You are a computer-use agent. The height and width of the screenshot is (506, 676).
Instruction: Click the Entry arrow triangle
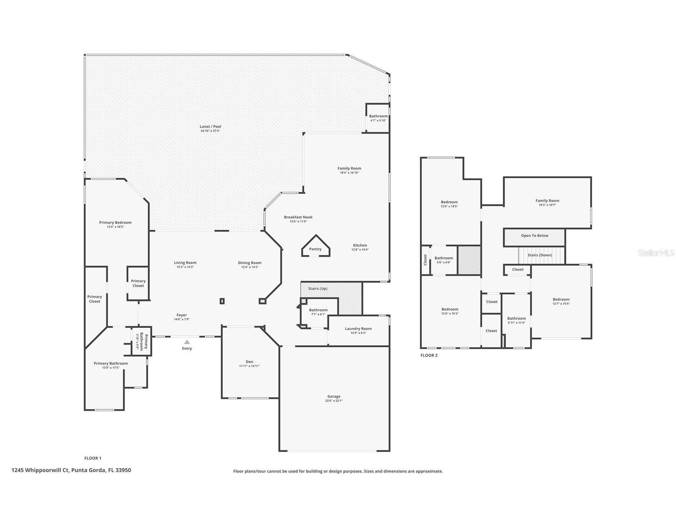click(187, 342)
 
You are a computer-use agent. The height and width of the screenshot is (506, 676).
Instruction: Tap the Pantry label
click(315, 249)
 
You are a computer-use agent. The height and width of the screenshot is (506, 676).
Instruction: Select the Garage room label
click(334, 396)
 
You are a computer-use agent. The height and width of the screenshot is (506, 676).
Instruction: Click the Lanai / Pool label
click(210, 127)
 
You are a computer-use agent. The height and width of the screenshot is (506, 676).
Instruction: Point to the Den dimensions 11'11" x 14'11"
click(249, 366)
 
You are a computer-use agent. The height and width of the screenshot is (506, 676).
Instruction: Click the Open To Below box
click(534, 237)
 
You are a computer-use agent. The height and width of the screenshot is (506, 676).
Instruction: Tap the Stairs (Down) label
click(540, 255)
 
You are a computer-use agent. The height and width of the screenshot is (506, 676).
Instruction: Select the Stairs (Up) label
click(318, 288)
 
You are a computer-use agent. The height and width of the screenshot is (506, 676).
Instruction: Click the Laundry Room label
click(358, 329)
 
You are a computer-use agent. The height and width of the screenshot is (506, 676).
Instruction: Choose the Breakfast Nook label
click(298, 217)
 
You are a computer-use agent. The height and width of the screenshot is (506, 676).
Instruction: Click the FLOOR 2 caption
click(429, 355)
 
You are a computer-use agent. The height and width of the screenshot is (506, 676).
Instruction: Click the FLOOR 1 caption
click(93, 458)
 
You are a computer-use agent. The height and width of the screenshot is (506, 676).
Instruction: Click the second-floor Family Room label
click(547, 200)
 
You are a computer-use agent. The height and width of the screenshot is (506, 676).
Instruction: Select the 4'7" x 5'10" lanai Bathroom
click(378, 118)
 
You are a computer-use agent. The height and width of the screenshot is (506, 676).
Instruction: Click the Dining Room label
click(250, 263)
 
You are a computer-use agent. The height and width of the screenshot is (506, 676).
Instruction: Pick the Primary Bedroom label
click(115, 222)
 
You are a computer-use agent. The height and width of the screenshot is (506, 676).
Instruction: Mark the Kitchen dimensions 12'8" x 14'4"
click(360, 250)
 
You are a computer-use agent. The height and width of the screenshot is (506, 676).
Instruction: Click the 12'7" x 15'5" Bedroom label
click(561, 300)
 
